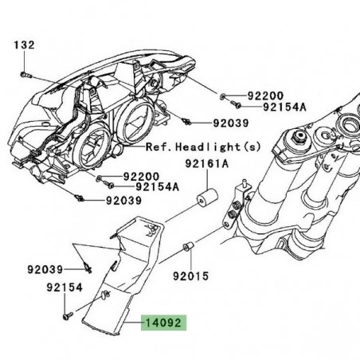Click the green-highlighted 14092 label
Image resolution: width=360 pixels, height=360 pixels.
pos(163,324)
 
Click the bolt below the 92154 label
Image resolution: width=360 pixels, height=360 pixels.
pos(65,315)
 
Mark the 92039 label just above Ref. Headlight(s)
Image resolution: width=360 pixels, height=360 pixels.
pos(230,123)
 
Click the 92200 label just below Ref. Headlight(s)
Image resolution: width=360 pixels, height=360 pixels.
pos(140,176)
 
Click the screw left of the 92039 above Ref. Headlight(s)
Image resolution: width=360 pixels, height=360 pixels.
pos(186,122)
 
